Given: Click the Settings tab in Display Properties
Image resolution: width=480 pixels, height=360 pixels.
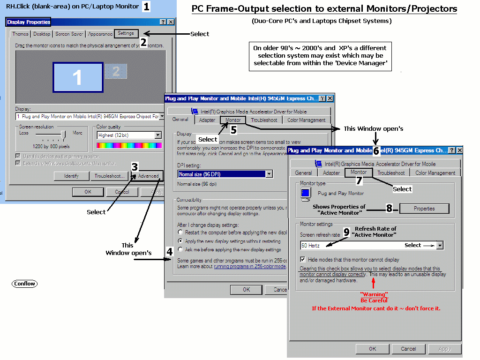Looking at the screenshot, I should click(x=126, y=34).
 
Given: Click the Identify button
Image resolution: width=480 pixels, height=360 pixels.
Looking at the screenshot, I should click(x=71, y=176).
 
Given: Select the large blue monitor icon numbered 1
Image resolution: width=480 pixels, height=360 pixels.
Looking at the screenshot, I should click(x=78, y=77).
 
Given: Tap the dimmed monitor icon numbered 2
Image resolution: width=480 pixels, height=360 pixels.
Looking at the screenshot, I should click(x=116, y=71).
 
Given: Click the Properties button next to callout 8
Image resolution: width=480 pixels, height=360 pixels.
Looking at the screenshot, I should click(x=424, y=209).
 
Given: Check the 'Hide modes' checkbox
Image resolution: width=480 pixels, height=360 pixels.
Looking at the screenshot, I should click(x=303, y=259).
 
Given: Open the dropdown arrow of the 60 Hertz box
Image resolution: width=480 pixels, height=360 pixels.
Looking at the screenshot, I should click(x=439, y=245).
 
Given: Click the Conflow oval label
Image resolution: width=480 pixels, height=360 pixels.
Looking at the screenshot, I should click(x=25, y=284).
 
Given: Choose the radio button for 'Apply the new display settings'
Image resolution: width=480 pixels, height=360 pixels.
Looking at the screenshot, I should click(x=180, y=241).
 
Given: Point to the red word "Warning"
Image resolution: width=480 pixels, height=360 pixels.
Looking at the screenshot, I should click(x=374, y=294).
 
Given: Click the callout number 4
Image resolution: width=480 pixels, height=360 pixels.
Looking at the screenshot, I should click(x=170, y=252).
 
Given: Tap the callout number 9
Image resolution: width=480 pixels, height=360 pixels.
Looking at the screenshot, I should click(x=346, y=232).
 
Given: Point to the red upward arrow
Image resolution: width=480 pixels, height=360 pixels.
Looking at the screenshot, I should click(x=374, y=284).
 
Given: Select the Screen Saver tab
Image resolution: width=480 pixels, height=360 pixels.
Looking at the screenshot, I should click(x=69, y=34).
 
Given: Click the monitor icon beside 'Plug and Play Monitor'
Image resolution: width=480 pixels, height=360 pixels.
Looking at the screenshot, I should click(x=306, y=193).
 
